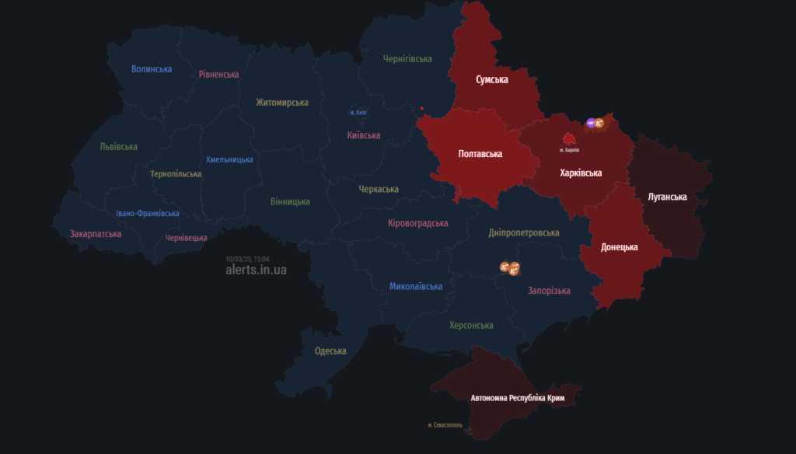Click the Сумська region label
(x=492, y=79)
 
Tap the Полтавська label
(x=480, y=154)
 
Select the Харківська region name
(x=581, y=173)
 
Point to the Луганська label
(x=667, y=197)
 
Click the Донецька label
(x=620, y=247)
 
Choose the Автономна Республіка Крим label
(x=517, y=398)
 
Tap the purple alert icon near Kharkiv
(x=591, y=123)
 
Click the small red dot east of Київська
(x=422, y=108)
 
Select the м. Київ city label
(x=358, y=113)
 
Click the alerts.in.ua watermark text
(x=256, y=270)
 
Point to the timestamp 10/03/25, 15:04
(x=247, y=258)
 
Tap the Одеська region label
(x=330, y=351)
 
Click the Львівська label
(x=119, y=146)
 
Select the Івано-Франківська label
(x=148, y=213)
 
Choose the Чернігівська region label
(x=407, y=58)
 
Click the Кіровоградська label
(x=418, y=223)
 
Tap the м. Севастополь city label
(x=445, y=425)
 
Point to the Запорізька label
(x=549, y=291)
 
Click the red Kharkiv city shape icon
(x=569, y=139)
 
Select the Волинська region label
(x=152, y=69)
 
